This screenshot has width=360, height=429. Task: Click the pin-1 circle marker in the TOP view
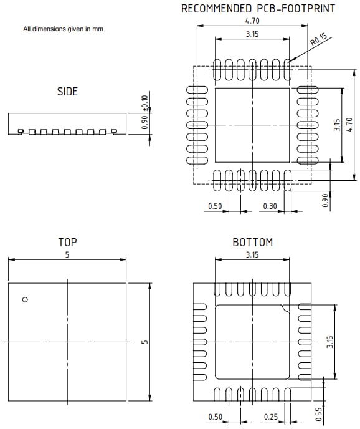(x=25, y=300)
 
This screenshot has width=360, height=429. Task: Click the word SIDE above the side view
(x=67, y=92)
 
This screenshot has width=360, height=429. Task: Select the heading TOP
(x=67, y=242)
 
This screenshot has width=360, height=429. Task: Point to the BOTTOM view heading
(x=252, y=242)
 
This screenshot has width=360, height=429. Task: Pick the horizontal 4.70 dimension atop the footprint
(x=252, y=21)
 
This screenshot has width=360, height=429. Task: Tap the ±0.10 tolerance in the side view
(x=145, y=103)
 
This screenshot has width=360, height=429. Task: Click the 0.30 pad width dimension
(x=270, y=205)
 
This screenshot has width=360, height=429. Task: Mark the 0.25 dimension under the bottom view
(x=270, y=416)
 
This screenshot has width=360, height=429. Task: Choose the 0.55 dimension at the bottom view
(x=337, y=412)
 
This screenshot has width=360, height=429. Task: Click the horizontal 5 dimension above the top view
(x=67, y=254)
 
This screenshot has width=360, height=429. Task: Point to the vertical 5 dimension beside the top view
(x=144, y=342)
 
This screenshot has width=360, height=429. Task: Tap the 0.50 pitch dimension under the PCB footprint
(x=215, y=205)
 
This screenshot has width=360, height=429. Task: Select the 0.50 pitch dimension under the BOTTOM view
(x=214, y=416)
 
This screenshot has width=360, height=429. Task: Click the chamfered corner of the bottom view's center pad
(x=286, y=307)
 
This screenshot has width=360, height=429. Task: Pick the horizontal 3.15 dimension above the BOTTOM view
(x=252, y=254)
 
